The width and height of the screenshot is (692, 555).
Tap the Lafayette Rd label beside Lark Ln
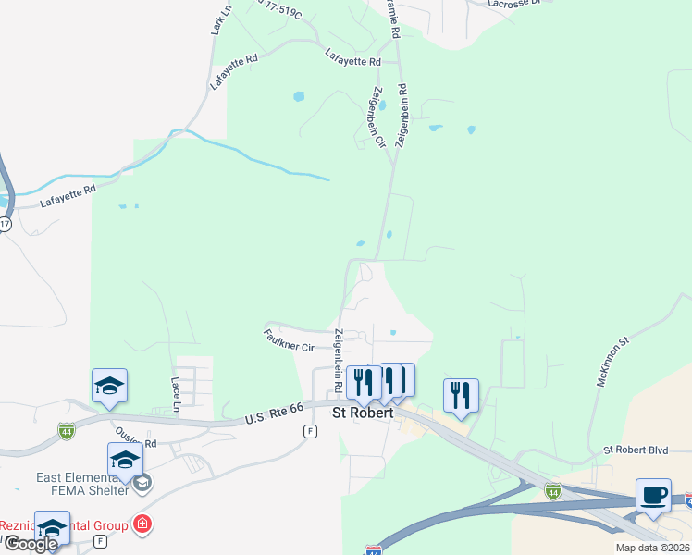click(x=233, y=70)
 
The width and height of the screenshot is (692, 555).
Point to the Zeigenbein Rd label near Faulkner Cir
click(x=340, y=359)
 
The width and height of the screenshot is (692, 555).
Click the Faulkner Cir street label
click(x=289, y=339)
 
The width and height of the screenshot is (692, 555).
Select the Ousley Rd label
click(x=137, y=437)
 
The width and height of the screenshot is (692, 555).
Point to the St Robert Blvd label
click(x=636, y=450)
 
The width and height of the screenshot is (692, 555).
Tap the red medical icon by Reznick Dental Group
click(x=142, y=525)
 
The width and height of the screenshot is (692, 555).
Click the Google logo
click(x=31, y=544)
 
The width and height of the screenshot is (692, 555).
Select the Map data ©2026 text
click(x=651, y=548)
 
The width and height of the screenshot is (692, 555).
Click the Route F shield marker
click(x=310, y=431)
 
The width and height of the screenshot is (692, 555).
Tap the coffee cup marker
click(x=653, y=496)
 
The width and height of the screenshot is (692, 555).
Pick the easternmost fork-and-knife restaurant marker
click(x=461, y=396)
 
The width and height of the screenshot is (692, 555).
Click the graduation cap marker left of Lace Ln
click(x=109, y=387)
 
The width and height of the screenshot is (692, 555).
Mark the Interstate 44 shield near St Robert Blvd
click(x=552, y=489)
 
